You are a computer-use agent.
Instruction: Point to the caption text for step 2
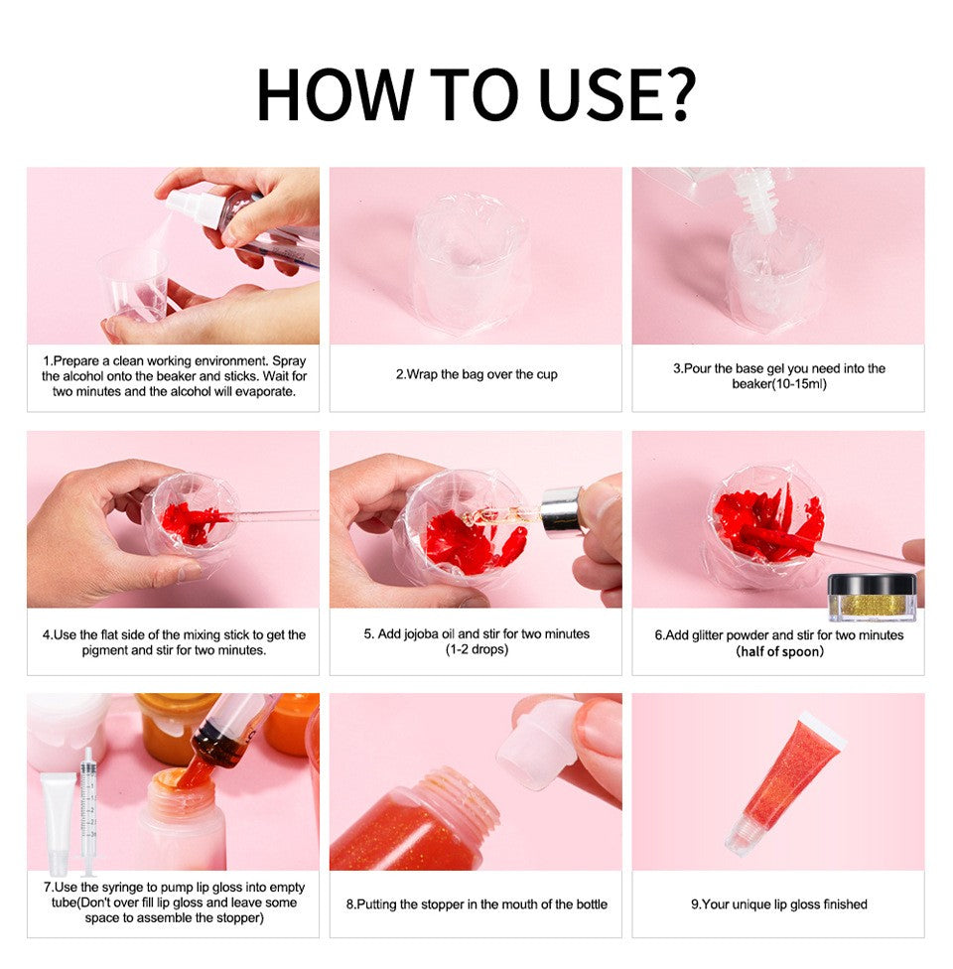(x=476, y=374)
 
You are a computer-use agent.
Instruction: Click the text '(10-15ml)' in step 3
(x=777, y=383)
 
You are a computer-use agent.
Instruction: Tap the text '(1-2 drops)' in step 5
(x=476, y=649)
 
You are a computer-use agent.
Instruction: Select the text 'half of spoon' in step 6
(x=779, y=651)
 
